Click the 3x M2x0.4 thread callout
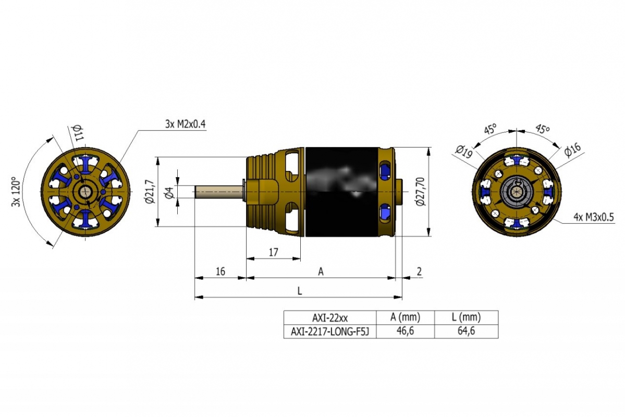(x=186, y=124)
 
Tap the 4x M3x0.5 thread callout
(x=594, y=217)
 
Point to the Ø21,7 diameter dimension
(x=150, y=191)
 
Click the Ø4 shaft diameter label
(x=169, y=192)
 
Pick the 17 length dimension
(x=274, y=252)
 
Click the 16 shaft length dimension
(x=220, y=271)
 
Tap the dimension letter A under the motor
(x=321, y=272)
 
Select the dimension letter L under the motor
(x=300, y=291)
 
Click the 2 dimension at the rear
(x=419, y=271)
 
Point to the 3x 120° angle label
(x=16, y=191)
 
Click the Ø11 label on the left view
(x=78, y=132)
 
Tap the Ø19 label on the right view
(x=464, y=151)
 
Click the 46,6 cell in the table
(x=405, y=330)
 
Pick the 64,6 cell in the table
(x=466, y=330)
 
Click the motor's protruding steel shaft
(x=219, y=192)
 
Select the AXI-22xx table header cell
(x=330, y=318)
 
